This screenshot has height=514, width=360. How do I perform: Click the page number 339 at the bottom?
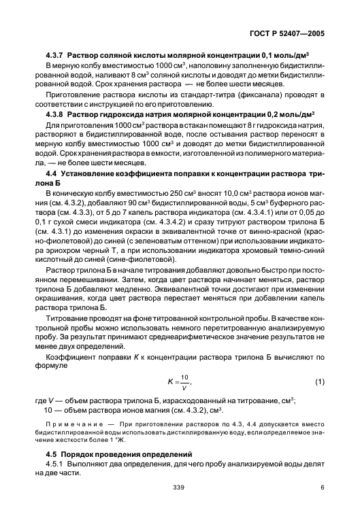click(x=179, y=504)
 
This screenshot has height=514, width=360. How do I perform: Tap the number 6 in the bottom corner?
click(x=323, y=504)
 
